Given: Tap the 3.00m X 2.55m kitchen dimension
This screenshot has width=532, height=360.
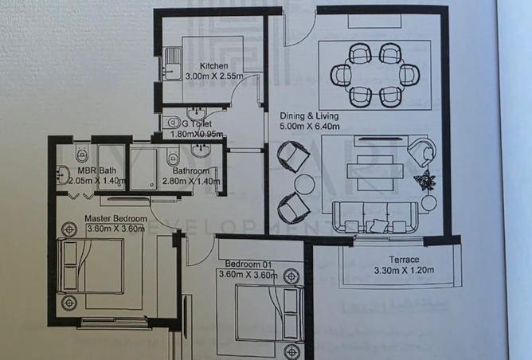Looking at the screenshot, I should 213,76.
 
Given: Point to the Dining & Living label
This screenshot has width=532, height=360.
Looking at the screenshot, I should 311,115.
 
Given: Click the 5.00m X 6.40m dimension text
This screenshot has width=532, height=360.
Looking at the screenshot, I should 311,126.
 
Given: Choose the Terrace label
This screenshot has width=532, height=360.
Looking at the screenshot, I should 404,259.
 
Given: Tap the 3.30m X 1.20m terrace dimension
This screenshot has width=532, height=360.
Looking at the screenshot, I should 404,270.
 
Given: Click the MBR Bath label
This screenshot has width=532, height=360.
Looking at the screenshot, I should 96,170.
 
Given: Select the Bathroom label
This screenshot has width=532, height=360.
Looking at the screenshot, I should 191,170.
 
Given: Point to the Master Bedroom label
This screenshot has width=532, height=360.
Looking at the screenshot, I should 115,218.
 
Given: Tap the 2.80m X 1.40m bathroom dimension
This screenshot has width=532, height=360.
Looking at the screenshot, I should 191,182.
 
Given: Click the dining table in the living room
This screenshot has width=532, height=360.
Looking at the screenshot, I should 374,76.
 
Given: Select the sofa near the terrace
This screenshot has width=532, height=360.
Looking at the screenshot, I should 375,217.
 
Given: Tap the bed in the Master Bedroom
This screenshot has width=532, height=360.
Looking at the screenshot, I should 93,263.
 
